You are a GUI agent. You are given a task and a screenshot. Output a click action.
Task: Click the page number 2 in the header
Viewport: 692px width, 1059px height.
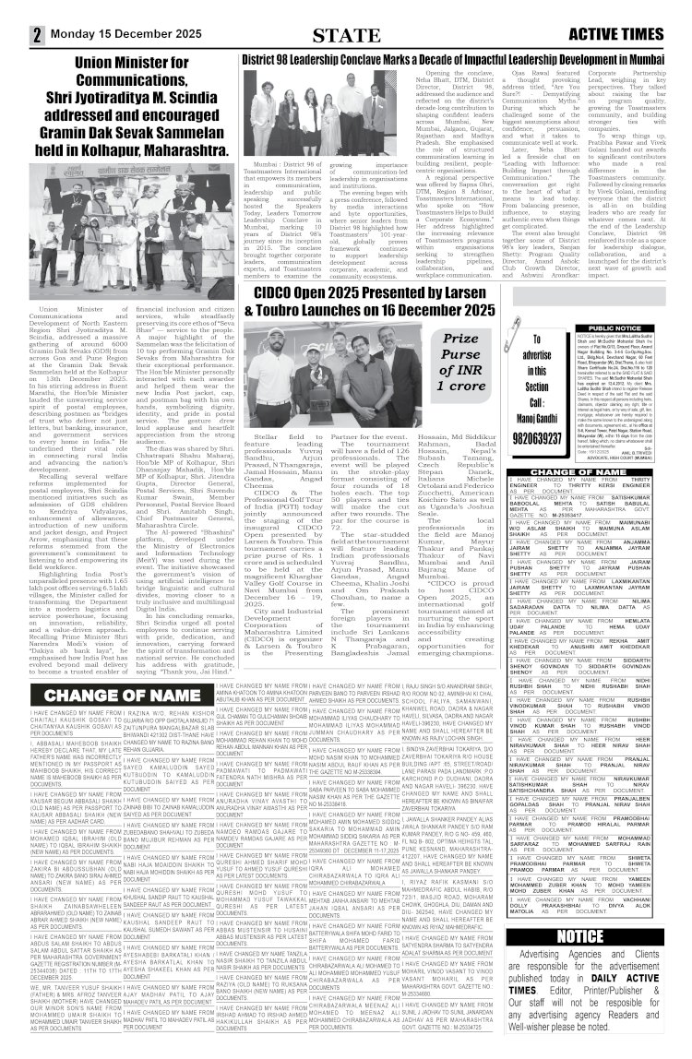coord(37,35)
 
